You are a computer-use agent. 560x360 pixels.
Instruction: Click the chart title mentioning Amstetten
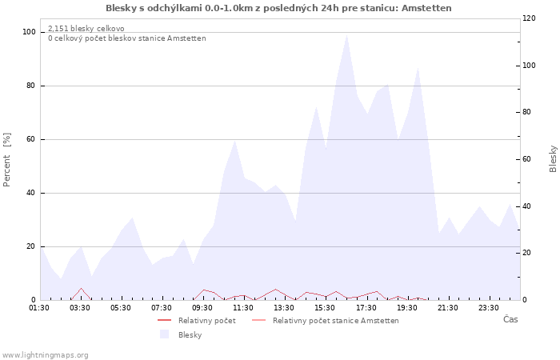pos(278,8)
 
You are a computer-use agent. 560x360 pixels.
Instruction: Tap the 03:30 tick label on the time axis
pos(80,308)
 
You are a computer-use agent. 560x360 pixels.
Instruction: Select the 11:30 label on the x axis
pos(243,308)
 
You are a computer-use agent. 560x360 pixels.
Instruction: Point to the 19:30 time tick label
pos(406,308)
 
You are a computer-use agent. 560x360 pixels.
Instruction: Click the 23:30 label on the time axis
pos(489,308)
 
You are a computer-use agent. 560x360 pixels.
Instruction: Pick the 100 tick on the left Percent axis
pos(29,32)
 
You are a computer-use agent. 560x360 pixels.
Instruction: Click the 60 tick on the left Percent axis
pos(30,139)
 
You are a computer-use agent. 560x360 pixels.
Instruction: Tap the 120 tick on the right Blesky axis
pos(529,18)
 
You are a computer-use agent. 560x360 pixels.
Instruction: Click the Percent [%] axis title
pos(6,160)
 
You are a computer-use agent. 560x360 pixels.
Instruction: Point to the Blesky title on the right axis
pos(553,158)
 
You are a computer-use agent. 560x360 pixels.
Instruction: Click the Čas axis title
pos(510,319)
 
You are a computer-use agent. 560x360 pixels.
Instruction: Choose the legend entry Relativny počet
pos(197,320)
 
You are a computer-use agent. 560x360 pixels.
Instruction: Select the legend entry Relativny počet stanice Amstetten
pos(326,320)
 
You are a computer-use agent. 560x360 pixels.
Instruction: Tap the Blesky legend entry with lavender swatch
pos(181,334)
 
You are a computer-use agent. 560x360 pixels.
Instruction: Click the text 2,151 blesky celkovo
pos(86,29)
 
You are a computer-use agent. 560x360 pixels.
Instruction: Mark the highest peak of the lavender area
pos(346,35)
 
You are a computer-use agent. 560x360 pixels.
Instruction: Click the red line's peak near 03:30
pos(82,288)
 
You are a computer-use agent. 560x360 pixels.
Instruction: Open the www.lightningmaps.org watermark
pos(45,355)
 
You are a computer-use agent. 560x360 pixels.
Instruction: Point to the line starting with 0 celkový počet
pos(127,38)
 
